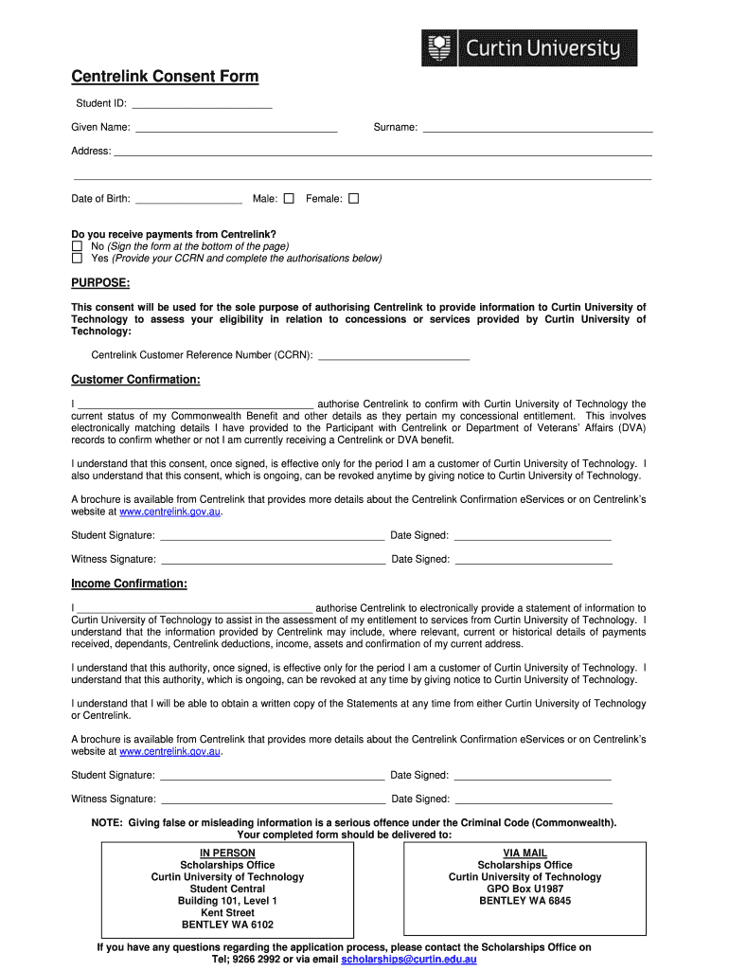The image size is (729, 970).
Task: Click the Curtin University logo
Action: [x=529, y=48]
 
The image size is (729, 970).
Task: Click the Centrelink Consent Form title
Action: [x=165, y=77]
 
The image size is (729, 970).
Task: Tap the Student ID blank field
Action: [x=202, y=104]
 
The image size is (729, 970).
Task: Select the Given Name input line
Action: [x=236, y=128]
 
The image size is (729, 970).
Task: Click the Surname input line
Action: [x=537, y=128]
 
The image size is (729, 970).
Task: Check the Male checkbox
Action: [x=289, y=199]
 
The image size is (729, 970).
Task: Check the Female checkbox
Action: [x=354, y=199]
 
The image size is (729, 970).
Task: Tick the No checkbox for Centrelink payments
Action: [x=78, y=246]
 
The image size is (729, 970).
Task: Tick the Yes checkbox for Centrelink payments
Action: [x=78, y=258]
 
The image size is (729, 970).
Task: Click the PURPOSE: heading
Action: [x=100, y=283]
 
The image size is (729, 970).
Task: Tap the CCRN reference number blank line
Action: [x=394, y=357]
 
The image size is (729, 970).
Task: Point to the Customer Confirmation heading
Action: [x=135, y=380]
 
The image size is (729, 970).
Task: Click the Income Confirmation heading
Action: [x=129, y=584]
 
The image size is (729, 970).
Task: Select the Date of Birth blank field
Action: [x=188, y=200]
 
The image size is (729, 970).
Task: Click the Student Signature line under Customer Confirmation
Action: [x=272, y=536]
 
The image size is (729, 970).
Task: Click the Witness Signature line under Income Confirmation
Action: [x=272, y=799]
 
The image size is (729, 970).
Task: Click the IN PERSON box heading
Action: [x=227, y=853]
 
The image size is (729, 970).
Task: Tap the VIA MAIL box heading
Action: [x=525, y=853]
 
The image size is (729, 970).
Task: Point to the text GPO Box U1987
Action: [x=525, y=889]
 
